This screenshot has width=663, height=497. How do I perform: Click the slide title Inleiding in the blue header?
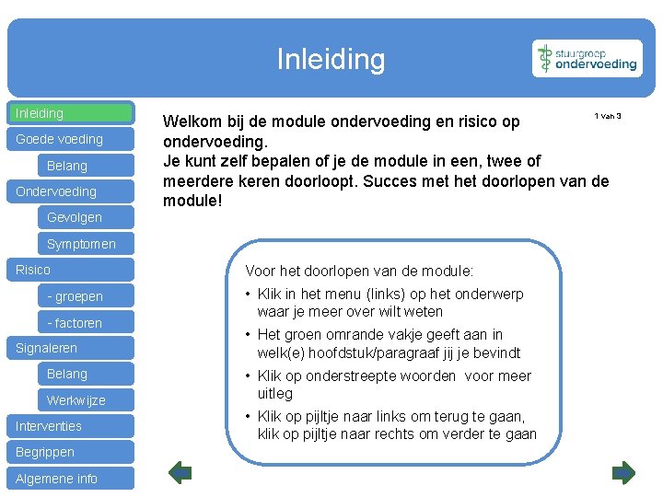click(331, 60)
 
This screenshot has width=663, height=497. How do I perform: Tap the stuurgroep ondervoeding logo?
click(587, 59)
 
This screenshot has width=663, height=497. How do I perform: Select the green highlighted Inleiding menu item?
click(72, 113)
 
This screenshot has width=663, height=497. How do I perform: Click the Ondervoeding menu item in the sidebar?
click(72, 191)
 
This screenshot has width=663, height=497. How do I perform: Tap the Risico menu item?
click(72, 270)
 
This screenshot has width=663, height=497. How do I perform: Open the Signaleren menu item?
click(72, 348)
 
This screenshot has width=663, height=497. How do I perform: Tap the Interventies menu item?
click(72, 426)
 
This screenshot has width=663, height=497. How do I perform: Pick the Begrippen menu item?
click(72, 452)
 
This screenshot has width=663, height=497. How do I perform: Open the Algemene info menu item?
click(72, 479)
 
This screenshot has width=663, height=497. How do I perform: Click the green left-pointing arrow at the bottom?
click(180, 473)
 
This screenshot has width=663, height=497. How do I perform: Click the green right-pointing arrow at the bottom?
click(623, 473)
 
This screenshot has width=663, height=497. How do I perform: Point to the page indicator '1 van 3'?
click(608, 116)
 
